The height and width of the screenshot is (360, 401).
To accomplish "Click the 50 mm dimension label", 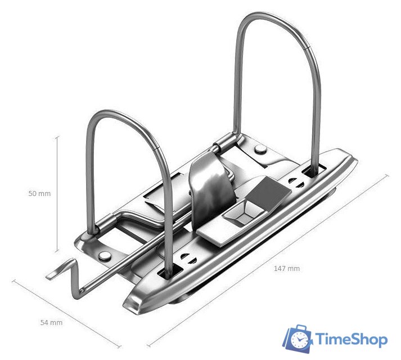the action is [x=39, y=193].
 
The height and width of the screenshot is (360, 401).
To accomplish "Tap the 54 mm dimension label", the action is [x=51, y=323].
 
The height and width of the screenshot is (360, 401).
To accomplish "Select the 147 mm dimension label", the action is [x=287, y=269].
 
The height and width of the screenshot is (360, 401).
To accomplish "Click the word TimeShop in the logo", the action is [x=352, y=340].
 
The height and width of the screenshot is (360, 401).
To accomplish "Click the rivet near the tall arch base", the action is [x=260, y=149].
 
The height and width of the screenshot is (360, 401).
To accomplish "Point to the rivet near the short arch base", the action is [x=105, y=255].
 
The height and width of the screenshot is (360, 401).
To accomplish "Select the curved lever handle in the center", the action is [x=210, y=190].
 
